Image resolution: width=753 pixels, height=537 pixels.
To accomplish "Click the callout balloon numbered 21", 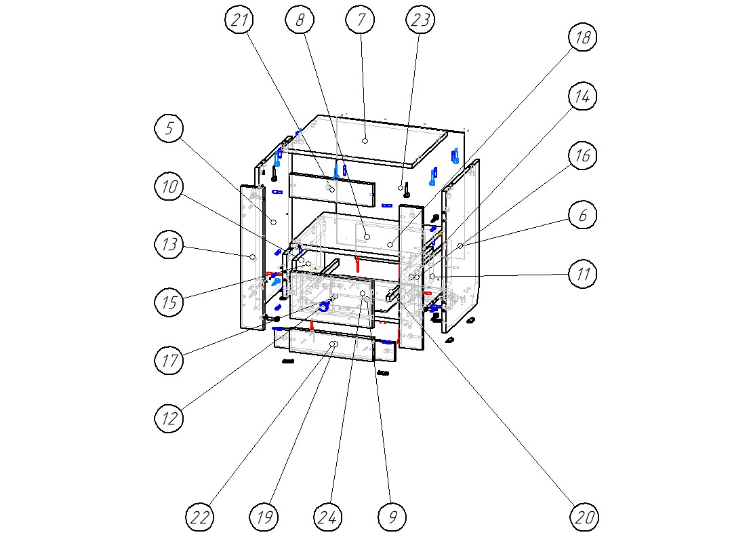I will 239,20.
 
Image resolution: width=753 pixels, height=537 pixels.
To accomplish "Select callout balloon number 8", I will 300,20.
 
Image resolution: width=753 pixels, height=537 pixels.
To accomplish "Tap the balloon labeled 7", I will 361,20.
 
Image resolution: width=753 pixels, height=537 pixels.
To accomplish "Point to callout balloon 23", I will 420,20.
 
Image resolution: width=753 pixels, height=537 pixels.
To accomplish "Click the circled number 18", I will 582,38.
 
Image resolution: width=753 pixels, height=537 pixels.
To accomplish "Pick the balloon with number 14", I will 582,97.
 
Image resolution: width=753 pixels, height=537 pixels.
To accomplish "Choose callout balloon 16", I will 582,156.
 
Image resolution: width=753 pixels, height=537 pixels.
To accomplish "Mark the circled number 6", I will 582,216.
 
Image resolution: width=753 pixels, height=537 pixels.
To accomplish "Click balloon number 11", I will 582,275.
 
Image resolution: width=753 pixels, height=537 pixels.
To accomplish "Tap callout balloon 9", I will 392,517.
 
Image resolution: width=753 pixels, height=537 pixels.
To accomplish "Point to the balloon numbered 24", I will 328,517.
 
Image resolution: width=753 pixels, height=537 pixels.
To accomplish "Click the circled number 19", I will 264,517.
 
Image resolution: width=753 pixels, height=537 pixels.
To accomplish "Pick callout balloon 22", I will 200,517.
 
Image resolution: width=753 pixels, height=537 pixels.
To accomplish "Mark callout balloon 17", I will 169,359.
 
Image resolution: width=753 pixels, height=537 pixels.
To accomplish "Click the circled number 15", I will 169,301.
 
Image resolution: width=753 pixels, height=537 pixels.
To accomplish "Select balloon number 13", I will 169,244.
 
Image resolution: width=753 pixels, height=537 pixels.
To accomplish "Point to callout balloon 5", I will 169,128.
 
